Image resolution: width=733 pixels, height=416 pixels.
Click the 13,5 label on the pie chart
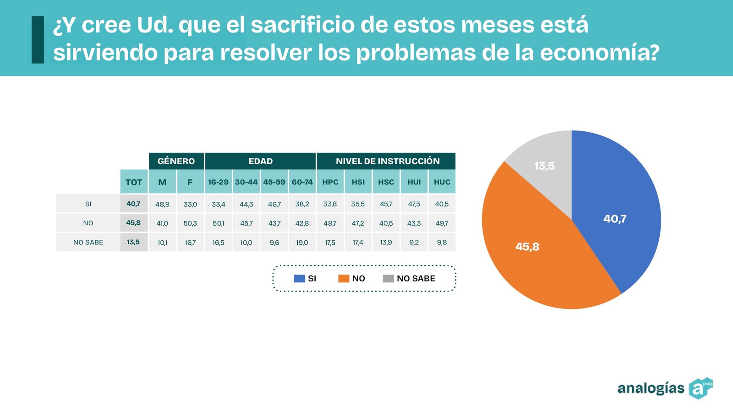click(x=544, y=166)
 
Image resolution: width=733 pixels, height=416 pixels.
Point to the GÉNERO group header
click(x=176, y=161)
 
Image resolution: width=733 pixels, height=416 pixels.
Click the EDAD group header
click(x=260, y=161)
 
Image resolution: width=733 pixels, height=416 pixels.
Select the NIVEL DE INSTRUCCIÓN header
click(x=387, y=161)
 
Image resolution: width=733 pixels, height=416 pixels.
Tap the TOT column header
click(x=134, y=182)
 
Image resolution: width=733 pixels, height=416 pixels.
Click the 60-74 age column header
click(x=302, y=182)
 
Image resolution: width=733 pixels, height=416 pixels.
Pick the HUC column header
click(x=442, y=182)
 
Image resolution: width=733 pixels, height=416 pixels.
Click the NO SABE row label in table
click(x=88, y=242)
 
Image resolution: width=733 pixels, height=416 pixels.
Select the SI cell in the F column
click(x=190, y=204)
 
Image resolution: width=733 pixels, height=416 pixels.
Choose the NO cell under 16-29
click(x=218, y=223)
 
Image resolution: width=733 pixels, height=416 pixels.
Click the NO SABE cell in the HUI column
click(x=414, y=242)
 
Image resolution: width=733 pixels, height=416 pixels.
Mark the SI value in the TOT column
click(x=133, y=204)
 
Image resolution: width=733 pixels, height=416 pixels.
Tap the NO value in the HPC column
click(x=330, y=223)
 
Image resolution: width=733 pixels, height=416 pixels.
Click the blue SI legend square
click(x=299, y=278)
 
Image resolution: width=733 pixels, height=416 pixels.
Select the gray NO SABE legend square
click(x=388, y=278)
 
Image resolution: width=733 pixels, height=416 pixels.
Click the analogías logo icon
click(x=700, y=388)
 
